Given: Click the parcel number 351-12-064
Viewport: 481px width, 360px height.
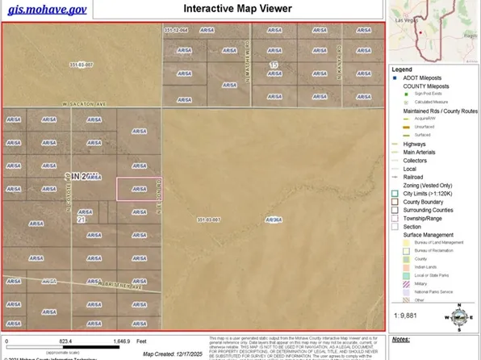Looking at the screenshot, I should coord(175,31).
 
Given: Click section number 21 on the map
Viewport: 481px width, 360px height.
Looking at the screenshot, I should coord(81,219).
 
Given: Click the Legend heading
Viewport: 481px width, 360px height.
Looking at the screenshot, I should coord(401,69).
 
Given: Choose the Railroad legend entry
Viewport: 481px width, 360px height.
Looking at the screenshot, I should coord(415,175).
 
